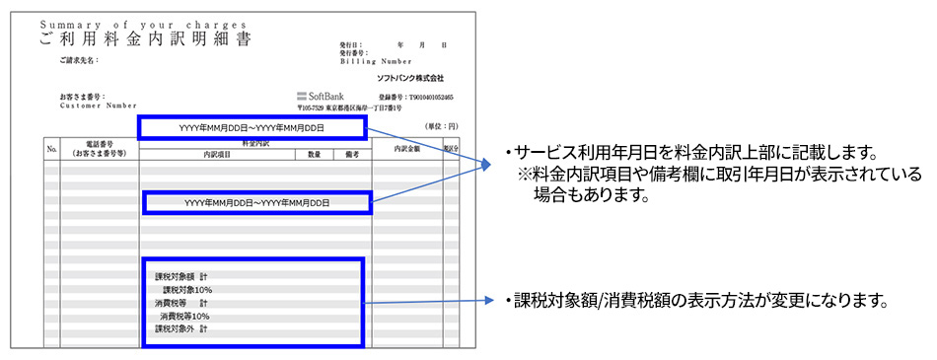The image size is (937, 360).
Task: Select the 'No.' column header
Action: point(52,149)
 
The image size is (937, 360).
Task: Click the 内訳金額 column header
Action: point(406,149)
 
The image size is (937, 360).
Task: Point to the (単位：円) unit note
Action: point(441,126)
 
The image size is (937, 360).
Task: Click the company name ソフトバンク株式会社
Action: point(410,78)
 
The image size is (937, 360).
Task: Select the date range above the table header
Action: point(252,127)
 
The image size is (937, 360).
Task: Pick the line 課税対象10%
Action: point(187,290)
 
